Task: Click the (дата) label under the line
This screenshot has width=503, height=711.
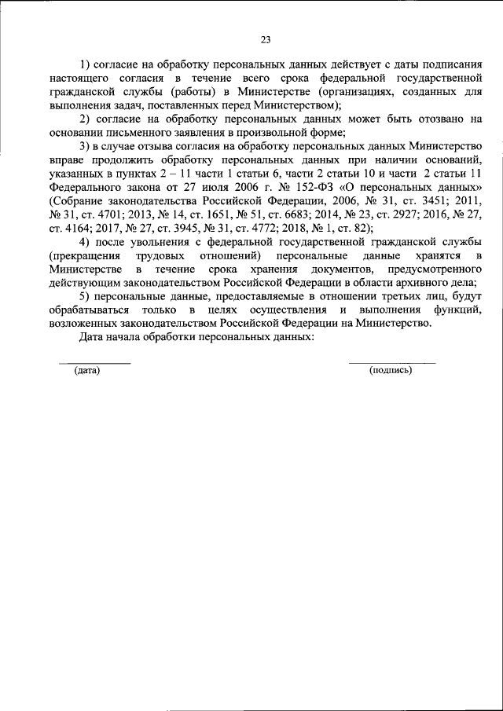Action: (x=86, y=370)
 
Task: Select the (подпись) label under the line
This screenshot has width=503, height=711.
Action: (x=391, y=370)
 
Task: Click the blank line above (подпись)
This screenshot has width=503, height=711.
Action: (x=391, y=362)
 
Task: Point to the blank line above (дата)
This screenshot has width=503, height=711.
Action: (x=95, y=362)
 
